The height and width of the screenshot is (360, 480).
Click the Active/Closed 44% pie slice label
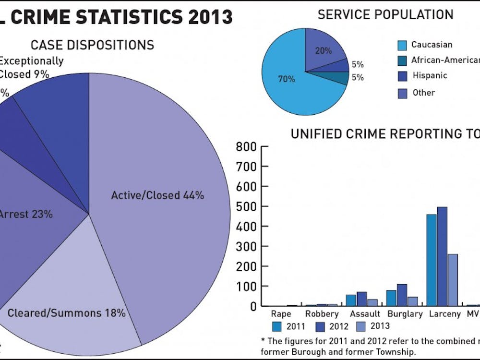point(157,195)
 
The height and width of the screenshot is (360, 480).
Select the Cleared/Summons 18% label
point(66,313)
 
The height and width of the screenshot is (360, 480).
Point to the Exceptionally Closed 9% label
point(31,68)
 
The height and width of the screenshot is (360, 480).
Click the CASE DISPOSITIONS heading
point(92,45)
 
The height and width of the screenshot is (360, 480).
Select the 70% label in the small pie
point(287,79)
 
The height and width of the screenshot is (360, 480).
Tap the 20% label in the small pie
point(323,50)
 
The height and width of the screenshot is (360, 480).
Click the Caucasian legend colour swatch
point(403,45)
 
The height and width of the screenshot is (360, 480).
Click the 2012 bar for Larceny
point(442,256)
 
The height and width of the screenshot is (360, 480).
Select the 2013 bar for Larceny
point(453,280)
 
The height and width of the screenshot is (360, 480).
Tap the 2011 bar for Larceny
point(432,260)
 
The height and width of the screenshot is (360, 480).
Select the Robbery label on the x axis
point(322,314)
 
